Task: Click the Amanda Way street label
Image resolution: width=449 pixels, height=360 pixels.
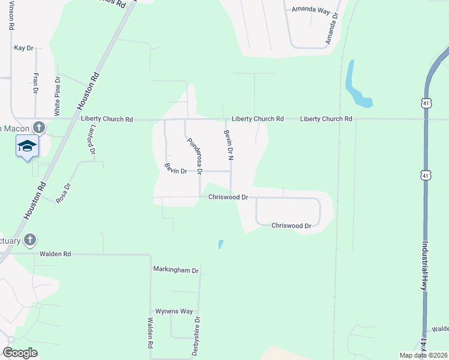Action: point(311,10)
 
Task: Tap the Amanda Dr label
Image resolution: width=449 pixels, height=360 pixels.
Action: point(331,29)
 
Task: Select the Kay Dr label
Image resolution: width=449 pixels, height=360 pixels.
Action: point(23,47)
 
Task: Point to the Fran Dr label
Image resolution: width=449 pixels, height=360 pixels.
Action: point(36,83)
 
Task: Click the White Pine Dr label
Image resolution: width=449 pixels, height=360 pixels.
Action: point(58,96)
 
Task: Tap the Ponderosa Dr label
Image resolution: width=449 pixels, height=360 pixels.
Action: point(195,155)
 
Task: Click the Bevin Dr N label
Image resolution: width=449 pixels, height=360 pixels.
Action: point(228,145)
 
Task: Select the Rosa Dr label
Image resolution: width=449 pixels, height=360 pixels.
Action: point(64,194)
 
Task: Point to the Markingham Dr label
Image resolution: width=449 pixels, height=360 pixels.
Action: point(175,271)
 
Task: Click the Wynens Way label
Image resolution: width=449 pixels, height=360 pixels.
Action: point(174,311)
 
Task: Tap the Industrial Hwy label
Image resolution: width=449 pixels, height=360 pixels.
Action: point(425,266)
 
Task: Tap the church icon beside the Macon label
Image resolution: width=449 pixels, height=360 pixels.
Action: point(39,128)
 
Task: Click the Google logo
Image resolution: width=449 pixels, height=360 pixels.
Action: point(20,353)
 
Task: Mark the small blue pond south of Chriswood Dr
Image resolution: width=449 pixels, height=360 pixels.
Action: point(220,244)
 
